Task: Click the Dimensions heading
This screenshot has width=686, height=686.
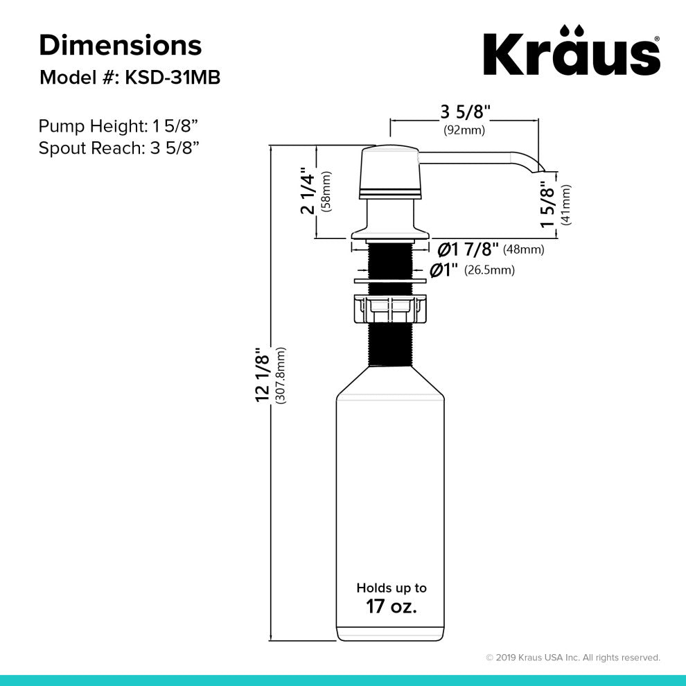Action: tap(121, 46)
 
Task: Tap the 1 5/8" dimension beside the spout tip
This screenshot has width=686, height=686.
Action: tap(549, 205)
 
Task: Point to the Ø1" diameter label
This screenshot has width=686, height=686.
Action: tap(446, 270)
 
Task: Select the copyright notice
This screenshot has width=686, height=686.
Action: tap(572, 658)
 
